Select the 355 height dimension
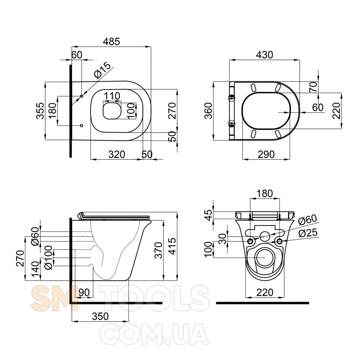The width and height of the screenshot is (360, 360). (x=40, y=111)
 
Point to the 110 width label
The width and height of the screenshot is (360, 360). (x=112, y=96)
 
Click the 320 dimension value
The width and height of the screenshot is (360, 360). (x=117, y=154)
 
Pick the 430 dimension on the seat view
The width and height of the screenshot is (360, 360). (x=265, y=55)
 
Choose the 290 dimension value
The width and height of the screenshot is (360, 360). (x=266, y=154)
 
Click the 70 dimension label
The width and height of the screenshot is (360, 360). (x=313, y=87)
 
